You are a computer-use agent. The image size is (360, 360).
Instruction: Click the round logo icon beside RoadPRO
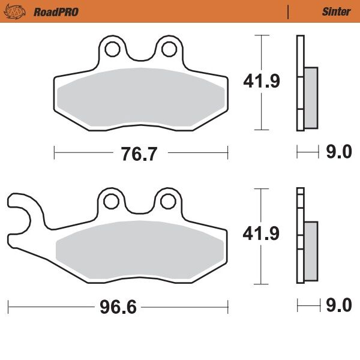click(x=21, y=11)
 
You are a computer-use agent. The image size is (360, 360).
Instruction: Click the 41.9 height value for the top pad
click(x=261, y=82)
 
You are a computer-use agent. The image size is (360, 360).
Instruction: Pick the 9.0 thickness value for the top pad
click(x=338, y=153)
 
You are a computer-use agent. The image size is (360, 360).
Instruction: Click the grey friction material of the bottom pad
click(x=141, y=249)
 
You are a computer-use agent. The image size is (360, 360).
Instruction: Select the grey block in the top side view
click(x=311, y=97)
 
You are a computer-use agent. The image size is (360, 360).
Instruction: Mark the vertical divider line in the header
click(x=289, y=11)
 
